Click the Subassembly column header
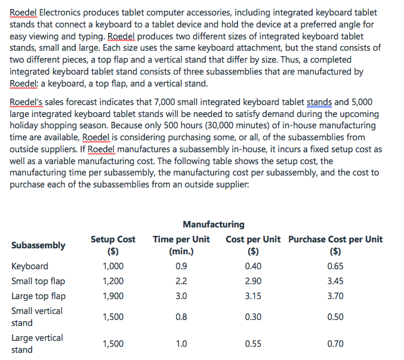38,245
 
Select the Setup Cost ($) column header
113,245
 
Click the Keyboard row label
30,266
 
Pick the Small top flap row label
38,281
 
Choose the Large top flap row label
39,296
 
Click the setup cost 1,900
113,296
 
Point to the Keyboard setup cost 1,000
113,266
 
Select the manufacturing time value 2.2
181,281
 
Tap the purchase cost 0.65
335,266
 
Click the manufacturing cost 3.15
252,296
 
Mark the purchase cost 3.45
335,281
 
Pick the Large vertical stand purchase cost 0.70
335,344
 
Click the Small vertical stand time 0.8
181,317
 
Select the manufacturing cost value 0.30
252,317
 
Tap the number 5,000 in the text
362,102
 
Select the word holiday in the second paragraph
25,125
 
